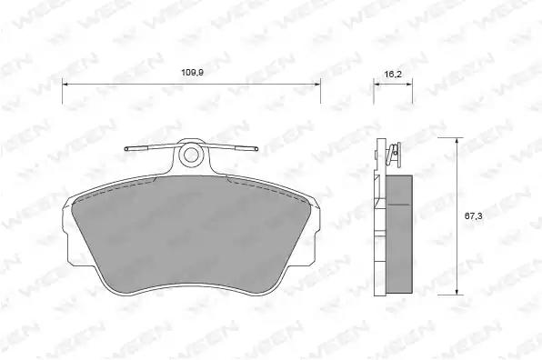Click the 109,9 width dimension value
(192, 73)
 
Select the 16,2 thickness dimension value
(393, 74)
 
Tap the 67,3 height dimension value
(473, 216)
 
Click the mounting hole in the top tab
(190, 155)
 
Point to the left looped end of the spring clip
(126, 149)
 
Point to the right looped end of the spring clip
(256, 149)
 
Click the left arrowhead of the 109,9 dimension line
(66, 84)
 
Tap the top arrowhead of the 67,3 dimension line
(457, 142)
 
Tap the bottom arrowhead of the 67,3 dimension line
(457, 291)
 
